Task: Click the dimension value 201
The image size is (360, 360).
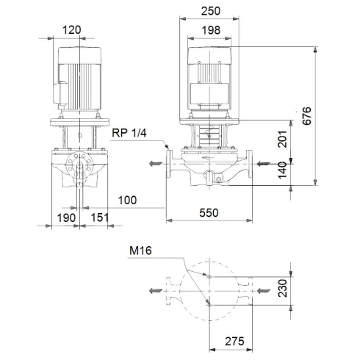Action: click(x=284, y=139)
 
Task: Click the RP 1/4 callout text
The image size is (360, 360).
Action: click(x=130, y=133)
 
